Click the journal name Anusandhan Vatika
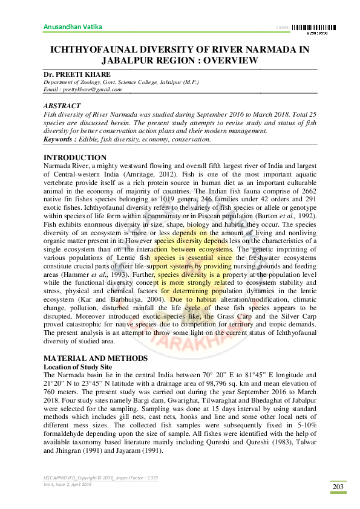click(72, 27)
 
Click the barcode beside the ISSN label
click(314, 27)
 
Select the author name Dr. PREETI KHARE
click(77, 74)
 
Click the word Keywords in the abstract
click(59, 139)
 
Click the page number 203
click(337, 487)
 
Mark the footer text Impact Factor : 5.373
click(134, 478)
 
